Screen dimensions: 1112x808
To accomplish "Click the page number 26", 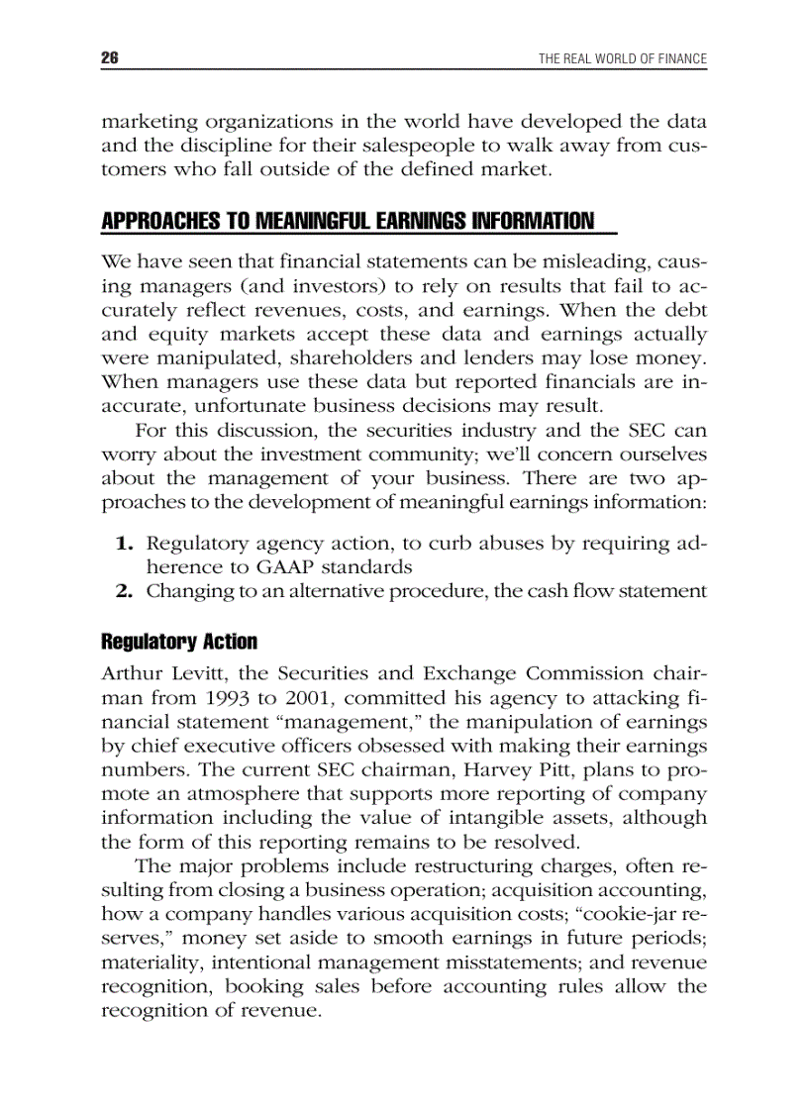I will pyautogui.click(x=110, y=58).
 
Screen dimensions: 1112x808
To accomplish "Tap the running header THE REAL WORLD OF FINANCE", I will pyautogui.click(x=622, y=58).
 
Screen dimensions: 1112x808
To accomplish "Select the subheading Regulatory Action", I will pyautogui.click(x=179, y=642).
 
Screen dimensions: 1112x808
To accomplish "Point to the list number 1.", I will pyautogui.click(x=124, y=544).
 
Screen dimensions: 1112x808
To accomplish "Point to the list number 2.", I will pyautogui.click(x=124, y=591).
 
